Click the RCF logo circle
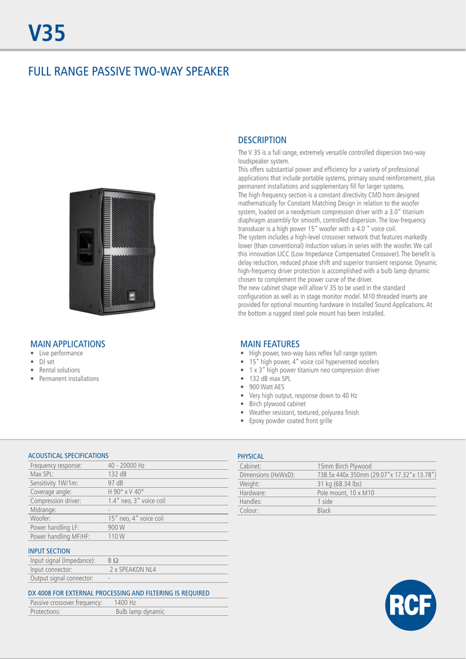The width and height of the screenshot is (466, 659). pyautogui.click(x=411, y=605)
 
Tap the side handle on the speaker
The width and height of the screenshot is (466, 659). pyautogui.click(x=85, y=246)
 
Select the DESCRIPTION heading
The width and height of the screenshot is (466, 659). pyautogui.click(x=262, y=140)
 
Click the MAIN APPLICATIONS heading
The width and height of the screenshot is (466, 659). pyautogui.click(x=67, y=344)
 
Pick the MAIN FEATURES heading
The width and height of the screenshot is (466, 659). pyautogui.click(x=270, y=344)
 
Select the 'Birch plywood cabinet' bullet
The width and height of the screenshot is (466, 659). pyautogui.click(x=277, y=404)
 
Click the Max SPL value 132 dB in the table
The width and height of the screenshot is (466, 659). pyautogui.click(x=116, y=474)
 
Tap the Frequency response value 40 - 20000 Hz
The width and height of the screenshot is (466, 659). pyautogui.click(x=126, y=465)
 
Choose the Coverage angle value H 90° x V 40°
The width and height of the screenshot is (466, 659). pyautogui.click(x=125, y=492)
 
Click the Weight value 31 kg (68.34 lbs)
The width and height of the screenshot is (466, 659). pyautogui.click(x=339, y=484)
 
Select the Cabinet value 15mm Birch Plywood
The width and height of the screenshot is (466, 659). pyautogui.click(x=344, y=466)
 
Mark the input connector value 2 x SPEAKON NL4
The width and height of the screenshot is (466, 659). pyautogui.click(x=133, y=570)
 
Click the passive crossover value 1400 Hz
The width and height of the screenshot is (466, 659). pyautogui.click(x=125, y=603)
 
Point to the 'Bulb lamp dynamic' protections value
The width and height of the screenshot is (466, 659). pyautogui.click(x=140, y=612)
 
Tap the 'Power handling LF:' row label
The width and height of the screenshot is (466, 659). pyautogui.click(x=55, y=527)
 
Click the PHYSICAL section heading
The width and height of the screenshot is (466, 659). pyautogui.click(x=251, y=456)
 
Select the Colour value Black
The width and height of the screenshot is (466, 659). pyautogui.click(x=325, y=510)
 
